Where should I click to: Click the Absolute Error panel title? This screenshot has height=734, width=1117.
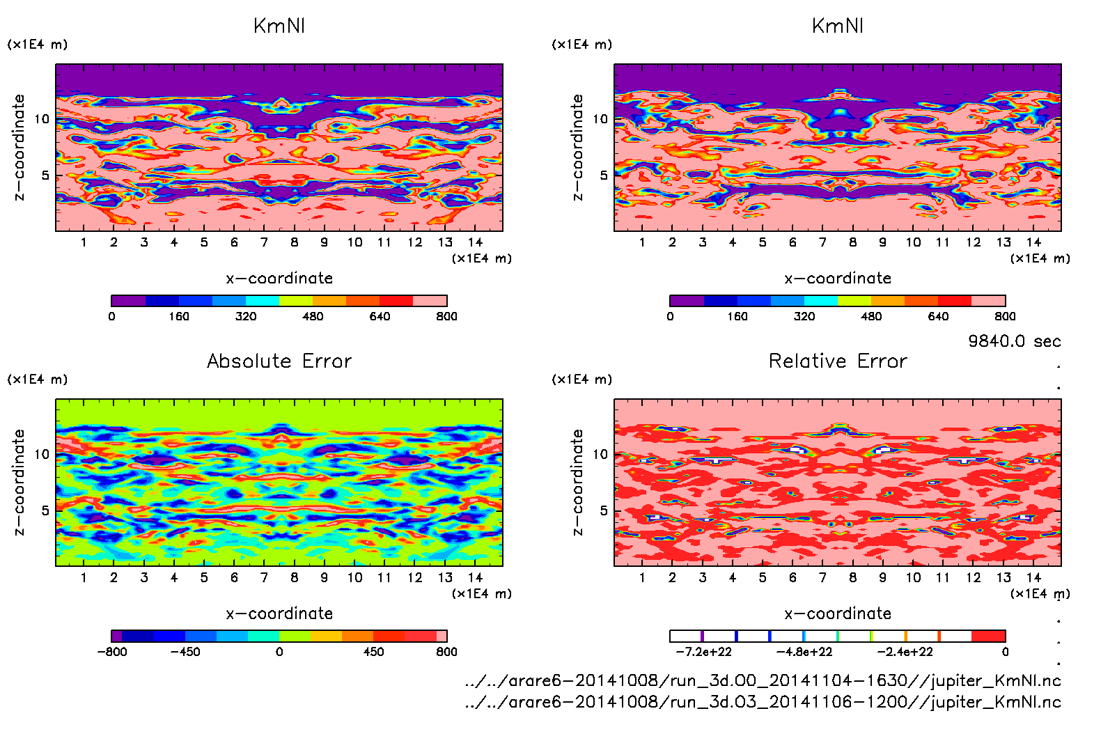click(279, 361)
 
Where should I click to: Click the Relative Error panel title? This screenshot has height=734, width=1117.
click(838, 361)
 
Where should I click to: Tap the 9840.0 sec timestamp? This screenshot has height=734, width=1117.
click(1014, 341)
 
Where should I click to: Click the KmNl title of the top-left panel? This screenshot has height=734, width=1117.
click(279, 26)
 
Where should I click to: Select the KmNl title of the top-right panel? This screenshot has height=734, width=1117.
click(838, 26)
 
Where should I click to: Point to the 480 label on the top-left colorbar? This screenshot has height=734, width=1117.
click(313, 316)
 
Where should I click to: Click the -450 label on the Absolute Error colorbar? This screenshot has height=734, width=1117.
click(185, 652)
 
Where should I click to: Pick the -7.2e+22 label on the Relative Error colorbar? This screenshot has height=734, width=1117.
click(703, 652)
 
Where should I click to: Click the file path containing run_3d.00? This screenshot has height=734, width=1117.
click(763, 680)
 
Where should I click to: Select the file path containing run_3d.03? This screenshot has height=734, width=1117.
click(763, 701)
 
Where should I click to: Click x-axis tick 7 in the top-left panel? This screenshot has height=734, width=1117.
click(264, 242)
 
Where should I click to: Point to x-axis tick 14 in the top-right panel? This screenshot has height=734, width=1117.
click(1033, 242)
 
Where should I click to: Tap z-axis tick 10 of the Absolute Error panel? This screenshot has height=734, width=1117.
click(42, 454)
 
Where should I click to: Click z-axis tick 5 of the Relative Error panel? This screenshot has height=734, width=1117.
click(603, 510)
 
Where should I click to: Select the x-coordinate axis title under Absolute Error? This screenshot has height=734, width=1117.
click(279, 614)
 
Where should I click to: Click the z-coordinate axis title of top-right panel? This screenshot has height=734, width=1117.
click(577, 148)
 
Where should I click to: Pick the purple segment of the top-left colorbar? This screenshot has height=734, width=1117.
click(128, 301)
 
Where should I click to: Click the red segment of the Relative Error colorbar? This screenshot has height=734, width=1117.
click(988, 636)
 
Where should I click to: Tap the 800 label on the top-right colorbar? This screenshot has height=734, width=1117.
click(1005, 316)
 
